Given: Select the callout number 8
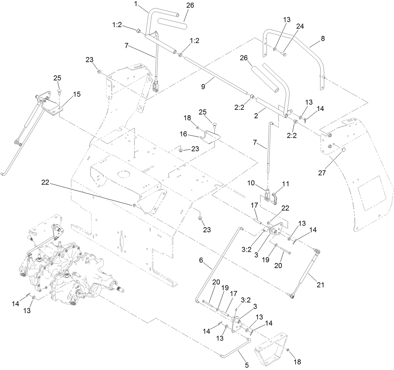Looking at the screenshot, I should [x=323, y=39].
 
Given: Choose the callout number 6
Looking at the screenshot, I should [x=201, y=259].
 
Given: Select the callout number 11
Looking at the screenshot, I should [x=285, y=184].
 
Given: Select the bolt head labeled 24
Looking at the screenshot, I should [x=284, y=55].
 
